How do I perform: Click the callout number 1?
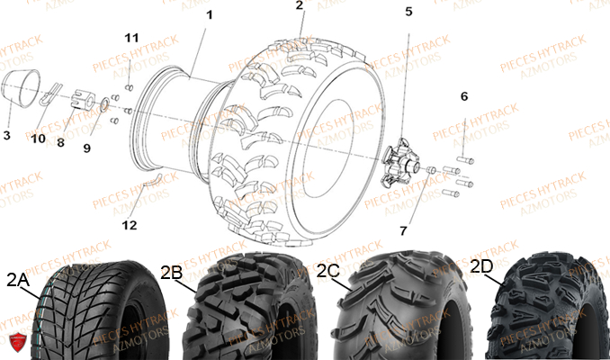210,15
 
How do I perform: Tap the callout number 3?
6,136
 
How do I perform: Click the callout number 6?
464,96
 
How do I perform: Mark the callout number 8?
61,142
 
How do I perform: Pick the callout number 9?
87,148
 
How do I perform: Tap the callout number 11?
131,37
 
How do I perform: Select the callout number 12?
130,224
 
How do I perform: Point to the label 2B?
173,272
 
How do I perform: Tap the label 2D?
481,265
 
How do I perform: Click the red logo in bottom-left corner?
13,344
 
